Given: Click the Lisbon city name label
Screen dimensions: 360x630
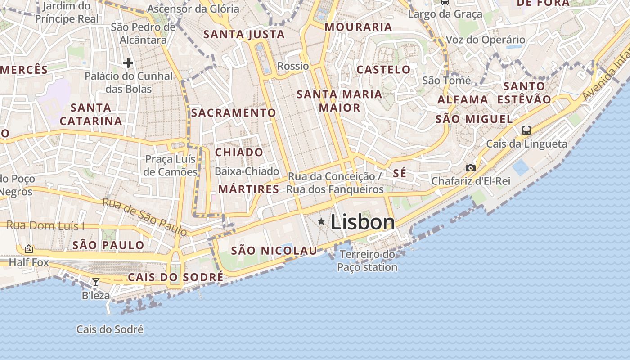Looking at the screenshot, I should coord(363,222).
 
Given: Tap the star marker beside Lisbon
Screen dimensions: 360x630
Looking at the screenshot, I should coord(321,221).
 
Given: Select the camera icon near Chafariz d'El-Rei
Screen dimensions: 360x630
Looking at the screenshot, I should coord(471,168).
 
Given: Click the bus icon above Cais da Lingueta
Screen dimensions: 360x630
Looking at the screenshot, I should coord(526,130).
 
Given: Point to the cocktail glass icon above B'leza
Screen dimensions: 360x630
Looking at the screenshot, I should coord(96,282).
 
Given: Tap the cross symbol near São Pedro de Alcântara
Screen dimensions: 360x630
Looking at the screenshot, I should coord(128,63).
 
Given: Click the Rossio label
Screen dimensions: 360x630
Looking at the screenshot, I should coord(293,66).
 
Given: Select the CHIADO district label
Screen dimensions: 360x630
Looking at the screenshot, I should coord(239,152).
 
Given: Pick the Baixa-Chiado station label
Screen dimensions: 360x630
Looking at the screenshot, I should coord(247,171).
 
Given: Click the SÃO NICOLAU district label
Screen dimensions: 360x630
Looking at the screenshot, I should coord(274,251).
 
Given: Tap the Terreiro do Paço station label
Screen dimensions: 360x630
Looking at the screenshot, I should coord(367,261).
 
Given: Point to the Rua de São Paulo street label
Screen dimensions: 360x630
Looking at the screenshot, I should coord(144,216).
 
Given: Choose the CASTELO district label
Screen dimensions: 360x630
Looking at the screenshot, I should coord(383,69).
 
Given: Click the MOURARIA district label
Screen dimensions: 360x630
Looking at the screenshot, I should coord(358,27).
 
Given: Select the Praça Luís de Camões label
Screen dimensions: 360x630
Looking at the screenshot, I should coord(171,165).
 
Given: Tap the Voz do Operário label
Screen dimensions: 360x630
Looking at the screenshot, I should coord(485,40).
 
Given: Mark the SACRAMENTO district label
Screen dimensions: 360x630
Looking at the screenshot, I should coord(233,112).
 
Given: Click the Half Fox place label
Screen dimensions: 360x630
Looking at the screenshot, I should coord(29,262).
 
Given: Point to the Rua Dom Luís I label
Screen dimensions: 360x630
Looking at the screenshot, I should coord(45,226).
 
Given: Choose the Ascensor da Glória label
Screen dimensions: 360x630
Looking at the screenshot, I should coord(193,9).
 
